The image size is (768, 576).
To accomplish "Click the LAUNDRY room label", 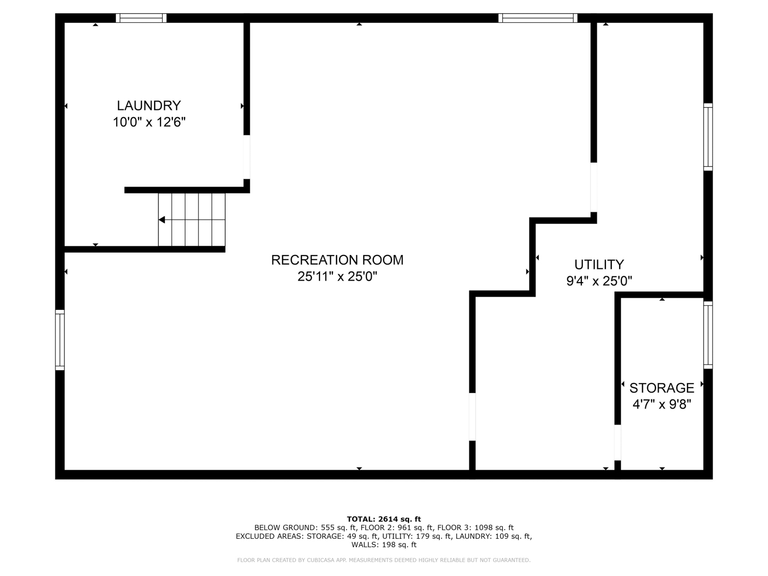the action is (x=149, y=106).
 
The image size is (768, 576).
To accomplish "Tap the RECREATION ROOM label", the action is (x=337, y=260).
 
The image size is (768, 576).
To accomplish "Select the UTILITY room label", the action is (x=599, y=265).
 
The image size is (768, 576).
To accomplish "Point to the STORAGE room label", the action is (x=662, y=388).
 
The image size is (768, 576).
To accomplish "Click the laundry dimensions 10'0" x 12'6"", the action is (x=149, y=123).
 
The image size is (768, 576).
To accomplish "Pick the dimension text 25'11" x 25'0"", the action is (x=337, y=277).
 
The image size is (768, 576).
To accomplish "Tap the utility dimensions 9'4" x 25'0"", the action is (x=599, y=281).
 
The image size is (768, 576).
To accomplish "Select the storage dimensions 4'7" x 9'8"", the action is (x=662, y=404).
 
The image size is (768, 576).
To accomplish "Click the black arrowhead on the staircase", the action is (x=162, y=220).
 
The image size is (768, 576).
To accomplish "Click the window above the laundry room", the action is (x=141, y=18).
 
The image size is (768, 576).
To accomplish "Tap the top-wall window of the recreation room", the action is (x=538, y=18).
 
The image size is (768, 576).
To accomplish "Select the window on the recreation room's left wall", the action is (x=60, y=340).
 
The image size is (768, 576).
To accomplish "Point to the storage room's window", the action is (x=708, y=335).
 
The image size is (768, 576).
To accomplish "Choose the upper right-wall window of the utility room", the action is (x=708, y=137).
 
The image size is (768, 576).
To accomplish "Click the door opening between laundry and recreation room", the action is (x=247, y=157).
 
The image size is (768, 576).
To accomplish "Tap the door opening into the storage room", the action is (x=618, y=443).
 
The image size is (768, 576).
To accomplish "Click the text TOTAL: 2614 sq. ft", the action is (x=384, y=519).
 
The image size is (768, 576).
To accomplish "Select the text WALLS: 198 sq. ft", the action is (x=384, y=545).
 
